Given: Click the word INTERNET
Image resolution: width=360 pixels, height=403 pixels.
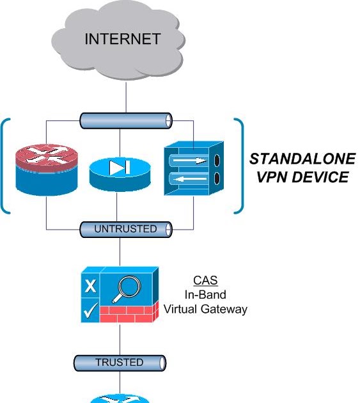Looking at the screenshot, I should pos(122,40).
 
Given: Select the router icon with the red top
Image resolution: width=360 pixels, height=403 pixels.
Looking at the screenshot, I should pos(47,166).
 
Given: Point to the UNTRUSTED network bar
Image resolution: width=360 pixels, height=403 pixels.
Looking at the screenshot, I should pos(126,229).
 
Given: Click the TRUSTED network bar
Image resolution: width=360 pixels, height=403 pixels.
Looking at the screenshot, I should pos(120,363).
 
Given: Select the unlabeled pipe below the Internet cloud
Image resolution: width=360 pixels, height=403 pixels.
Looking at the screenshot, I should pos(126,120).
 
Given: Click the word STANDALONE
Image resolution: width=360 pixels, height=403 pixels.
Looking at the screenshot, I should pos(301,159).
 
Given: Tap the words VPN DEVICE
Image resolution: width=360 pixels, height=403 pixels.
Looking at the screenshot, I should pos(303,177).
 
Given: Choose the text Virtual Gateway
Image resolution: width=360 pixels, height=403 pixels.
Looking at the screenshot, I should pos(205,309).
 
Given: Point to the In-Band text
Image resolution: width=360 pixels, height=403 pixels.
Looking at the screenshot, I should pos(205,295).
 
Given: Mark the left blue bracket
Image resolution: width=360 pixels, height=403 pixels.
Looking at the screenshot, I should pos(6,165).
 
